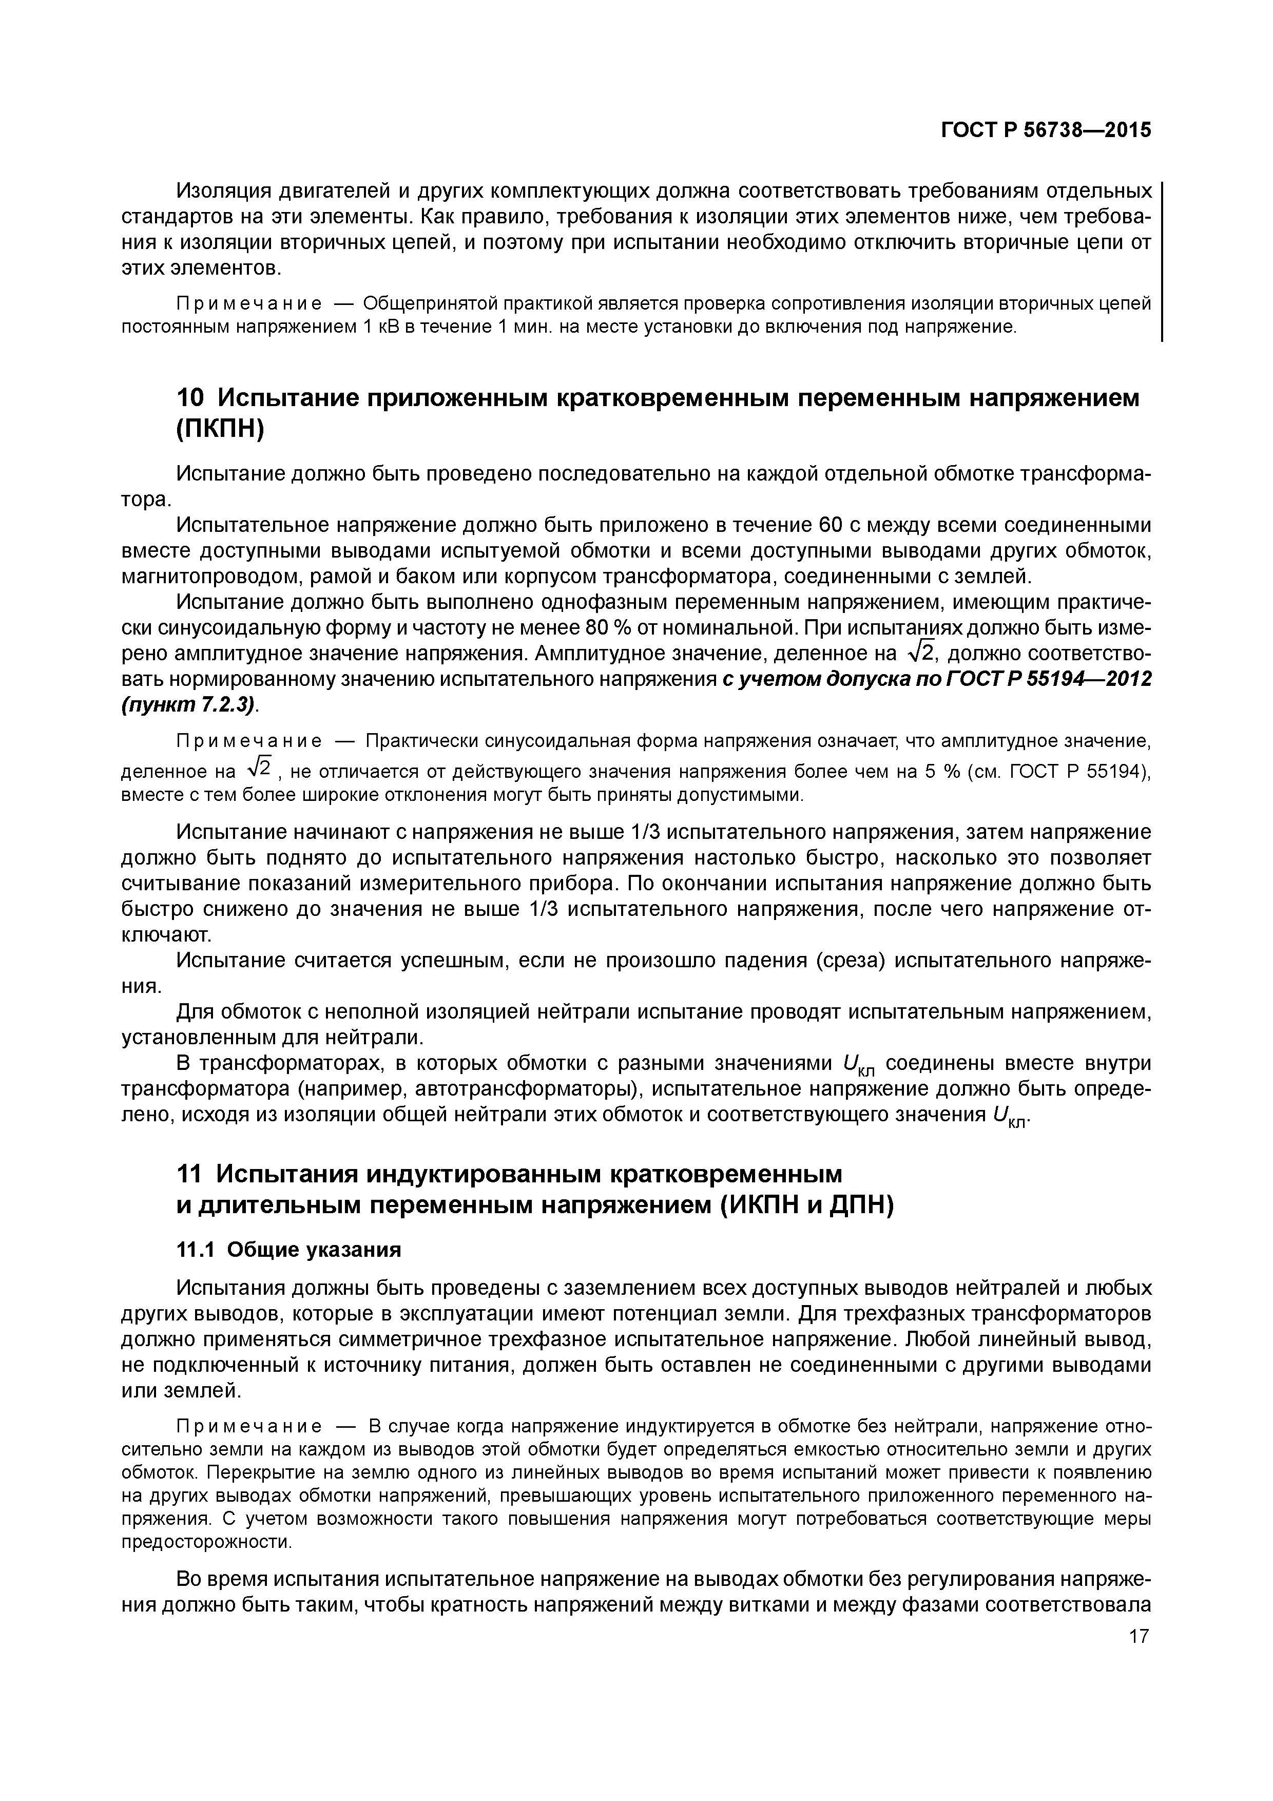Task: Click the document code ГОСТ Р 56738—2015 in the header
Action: coord(1046,130)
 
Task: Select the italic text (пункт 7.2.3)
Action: coord(188,704)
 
